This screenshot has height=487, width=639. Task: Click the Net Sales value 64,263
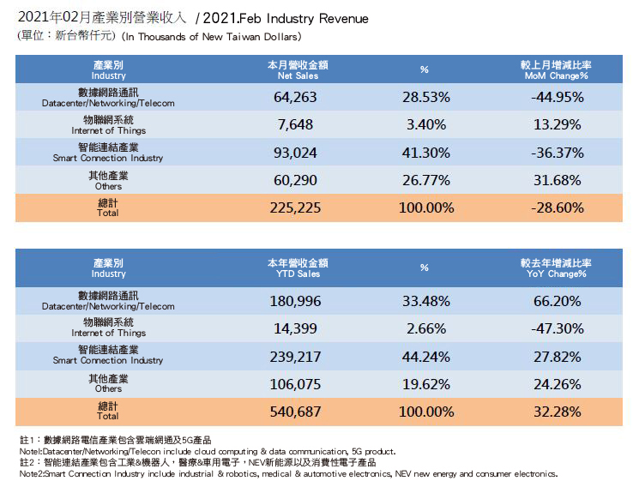click(x=296, y=97)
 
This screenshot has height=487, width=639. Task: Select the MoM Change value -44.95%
click(x=558, y=97)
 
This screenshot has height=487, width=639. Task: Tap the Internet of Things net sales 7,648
click(x=296, y=124)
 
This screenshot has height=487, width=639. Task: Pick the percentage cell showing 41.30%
click(x=425, y=153)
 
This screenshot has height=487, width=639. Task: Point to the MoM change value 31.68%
click(x=558, y=180)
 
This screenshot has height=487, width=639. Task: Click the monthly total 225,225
click(x=296, y=207)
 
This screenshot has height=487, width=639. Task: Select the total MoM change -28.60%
click(x=558, y=207)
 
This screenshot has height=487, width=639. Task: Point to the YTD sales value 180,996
click(x=296, y=300)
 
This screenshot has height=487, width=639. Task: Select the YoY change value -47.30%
click(x=558, y=328)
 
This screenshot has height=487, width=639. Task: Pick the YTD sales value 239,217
click(x=296, y=356)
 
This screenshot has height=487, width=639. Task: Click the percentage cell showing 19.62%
click(x=425, y=384)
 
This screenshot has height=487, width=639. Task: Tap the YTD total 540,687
click(x=296, y=412)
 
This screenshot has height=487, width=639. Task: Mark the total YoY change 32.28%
click(x=558, y=412)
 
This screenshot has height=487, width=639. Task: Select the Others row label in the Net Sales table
click(x=108, y=180)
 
